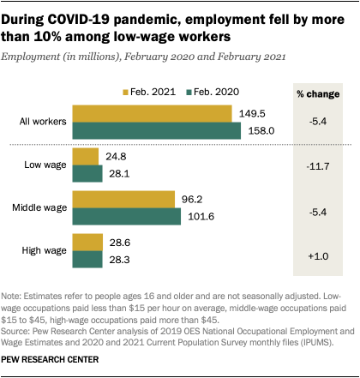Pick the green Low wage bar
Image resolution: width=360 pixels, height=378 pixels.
(88, 173)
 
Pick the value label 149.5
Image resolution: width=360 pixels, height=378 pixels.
(251, 113)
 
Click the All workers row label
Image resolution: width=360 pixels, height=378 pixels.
(41, 122)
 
